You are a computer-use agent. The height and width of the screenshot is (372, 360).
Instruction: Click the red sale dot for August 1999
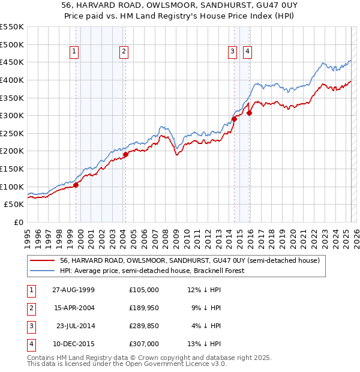[x=76, y=185]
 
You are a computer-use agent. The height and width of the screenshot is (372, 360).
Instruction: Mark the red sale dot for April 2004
[x=125, y=154]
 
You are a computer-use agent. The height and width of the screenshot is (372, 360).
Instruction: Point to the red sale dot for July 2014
[x=234, y=119]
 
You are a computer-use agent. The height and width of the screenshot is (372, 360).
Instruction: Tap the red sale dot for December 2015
[x=249, y=113]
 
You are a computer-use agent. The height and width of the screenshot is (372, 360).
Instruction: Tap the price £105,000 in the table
[x=144, y=290]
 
